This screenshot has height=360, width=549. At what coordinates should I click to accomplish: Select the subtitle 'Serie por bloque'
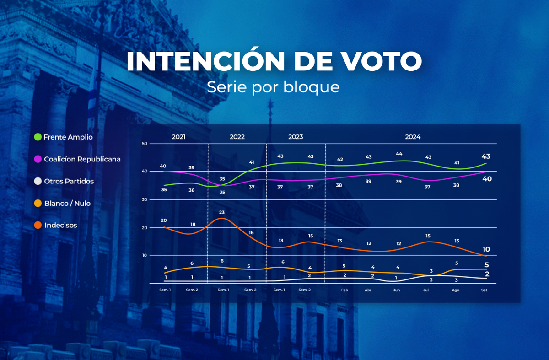tap(273, 86)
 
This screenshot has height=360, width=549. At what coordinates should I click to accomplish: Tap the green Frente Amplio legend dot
tap(38, 137)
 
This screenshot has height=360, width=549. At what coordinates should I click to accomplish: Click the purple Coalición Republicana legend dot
tap(38, 159)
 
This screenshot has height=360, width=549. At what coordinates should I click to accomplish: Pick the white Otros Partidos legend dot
tap(38, 181)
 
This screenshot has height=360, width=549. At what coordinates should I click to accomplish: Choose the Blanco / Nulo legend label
tap(67, 203)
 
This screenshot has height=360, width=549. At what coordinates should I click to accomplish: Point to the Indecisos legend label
tap(61, 225)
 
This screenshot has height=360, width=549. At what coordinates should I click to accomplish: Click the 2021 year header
tap(179, 137)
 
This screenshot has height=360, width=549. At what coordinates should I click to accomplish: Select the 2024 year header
tap(412, 137)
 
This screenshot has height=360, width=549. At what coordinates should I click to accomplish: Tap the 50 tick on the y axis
tap(145, 144)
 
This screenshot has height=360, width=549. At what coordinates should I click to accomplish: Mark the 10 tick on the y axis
tap(145, 255)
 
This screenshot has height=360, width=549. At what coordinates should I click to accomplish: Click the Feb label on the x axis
tap(344, 290)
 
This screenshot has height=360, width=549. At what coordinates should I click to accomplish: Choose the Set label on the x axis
tap(484, 290)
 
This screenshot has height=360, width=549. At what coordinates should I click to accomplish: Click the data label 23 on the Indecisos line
tap(222, 212)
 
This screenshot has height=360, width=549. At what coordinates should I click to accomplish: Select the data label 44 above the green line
tap(398, 154)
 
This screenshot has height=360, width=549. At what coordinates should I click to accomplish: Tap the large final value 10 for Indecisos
tap(486, 249)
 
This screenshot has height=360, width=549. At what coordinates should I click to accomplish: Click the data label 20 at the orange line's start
tap(164, 220)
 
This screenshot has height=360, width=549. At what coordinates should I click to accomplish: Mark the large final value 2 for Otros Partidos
tap(487, 274)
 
